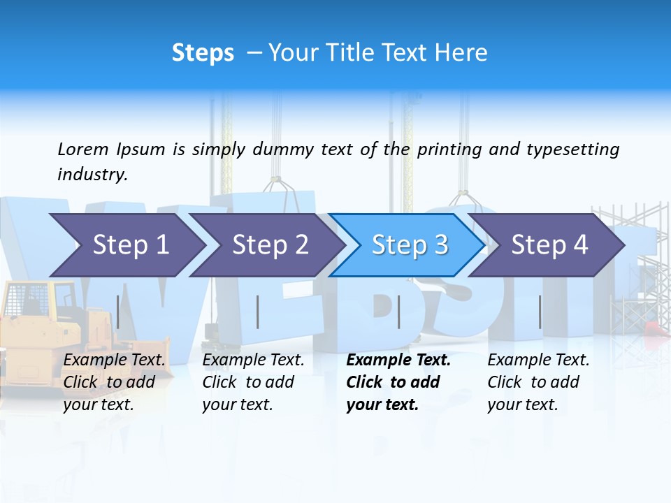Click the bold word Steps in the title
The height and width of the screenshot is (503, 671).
click(x=203, y=53)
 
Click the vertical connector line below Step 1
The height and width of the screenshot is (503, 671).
click(x=118, y=312)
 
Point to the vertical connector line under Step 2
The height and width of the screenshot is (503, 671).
click(x=258, y=312)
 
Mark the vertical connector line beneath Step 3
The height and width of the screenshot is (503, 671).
click(x=398, y=312)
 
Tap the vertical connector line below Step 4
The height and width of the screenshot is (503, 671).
click(x=540, y=312)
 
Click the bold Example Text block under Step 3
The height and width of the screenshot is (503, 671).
click(x=398, y=382)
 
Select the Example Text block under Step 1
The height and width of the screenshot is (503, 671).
click(x=115, y=382)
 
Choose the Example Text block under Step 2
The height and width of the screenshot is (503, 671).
click(x=253, y=382)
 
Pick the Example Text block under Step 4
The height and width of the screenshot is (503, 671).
click(x=538, y=382)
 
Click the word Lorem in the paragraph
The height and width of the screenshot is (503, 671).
click(x=82, y=149)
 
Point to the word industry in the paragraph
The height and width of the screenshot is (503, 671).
click(x=92, y=175)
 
